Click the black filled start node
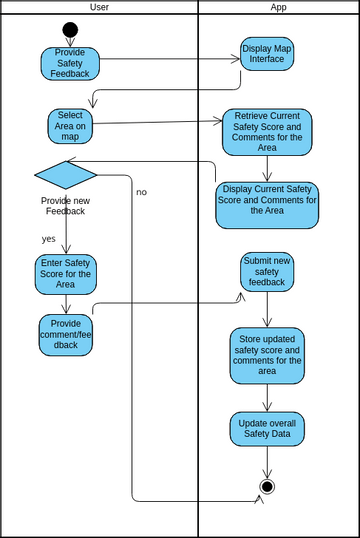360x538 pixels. coord(70,30)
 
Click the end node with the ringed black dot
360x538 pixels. coord(267,487)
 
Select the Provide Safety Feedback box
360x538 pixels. coord(70,63)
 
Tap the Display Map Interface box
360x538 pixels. coord(267,54)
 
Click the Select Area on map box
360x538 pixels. coord(70,126)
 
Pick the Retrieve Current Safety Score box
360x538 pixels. coord(267,132)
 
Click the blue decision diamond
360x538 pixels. coord(66,174)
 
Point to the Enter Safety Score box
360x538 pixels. coord(66,273)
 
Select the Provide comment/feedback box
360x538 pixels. coord(66,335)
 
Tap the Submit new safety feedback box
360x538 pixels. coord(267,272)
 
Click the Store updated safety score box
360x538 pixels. coord(267,355)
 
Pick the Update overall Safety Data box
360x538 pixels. coord(267,428)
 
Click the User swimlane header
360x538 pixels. coord(99,7)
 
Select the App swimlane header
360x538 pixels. coord(278,7)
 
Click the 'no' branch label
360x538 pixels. coord(141,192)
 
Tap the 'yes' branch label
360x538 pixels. coord(48,239)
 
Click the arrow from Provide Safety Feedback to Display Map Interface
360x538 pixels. coord(170,58)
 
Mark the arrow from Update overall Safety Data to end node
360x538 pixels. coord(267,462)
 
